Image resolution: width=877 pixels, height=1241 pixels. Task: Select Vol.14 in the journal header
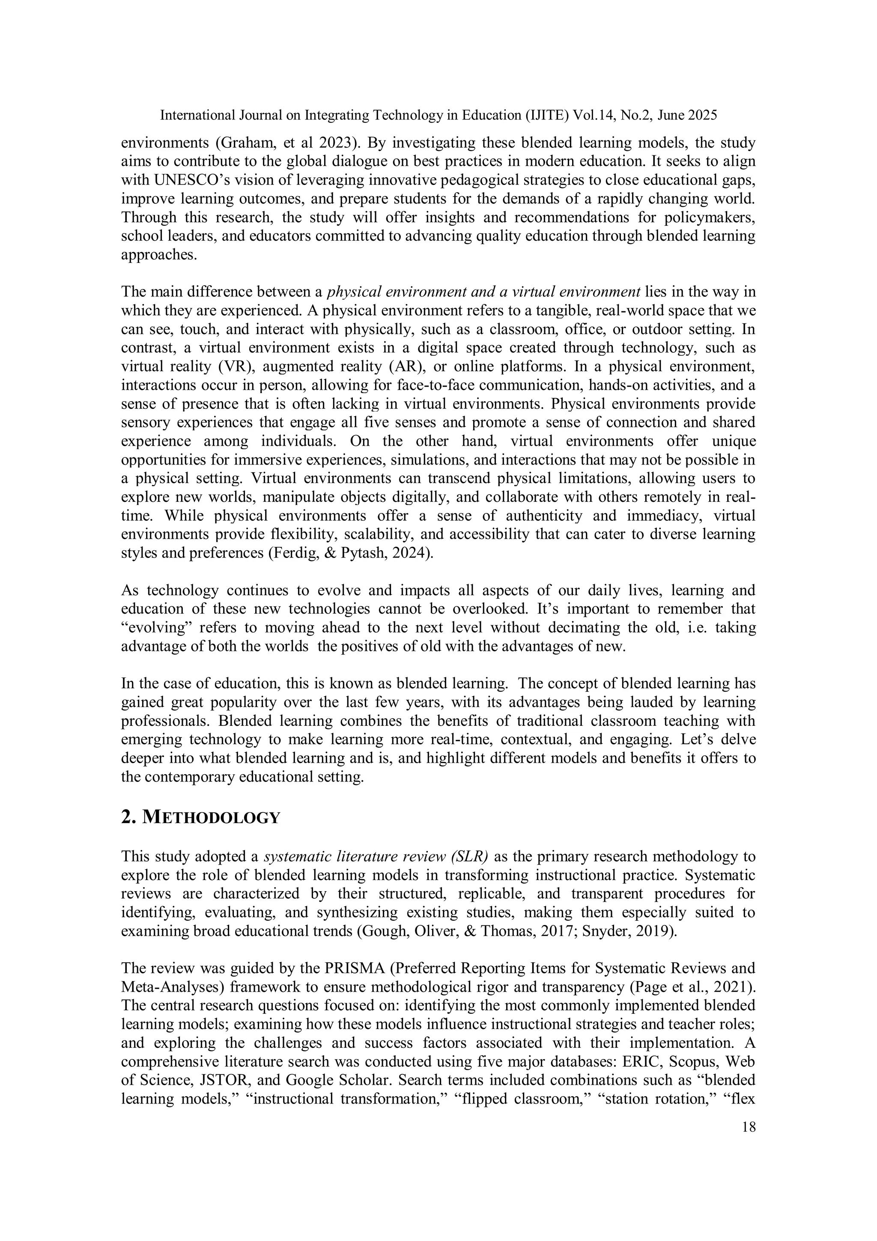(594, 115)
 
